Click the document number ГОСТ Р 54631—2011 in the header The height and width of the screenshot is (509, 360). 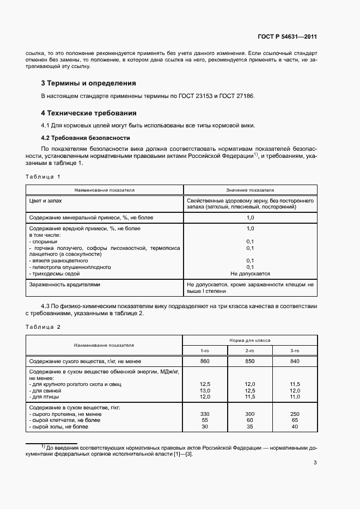click(x=286, y=37)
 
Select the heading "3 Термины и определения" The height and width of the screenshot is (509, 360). click(x=88, y=83)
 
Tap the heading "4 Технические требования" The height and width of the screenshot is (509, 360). click(x=89, y=113)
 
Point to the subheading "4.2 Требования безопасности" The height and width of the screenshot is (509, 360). click(x=86, y=138)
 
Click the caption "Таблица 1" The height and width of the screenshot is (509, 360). click(x=43, y=176)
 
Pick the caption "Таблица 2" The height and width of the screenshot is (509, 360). click(x=43, y=327)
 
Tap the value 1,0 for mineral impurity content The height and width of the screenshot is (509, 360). click(x=250, y=217)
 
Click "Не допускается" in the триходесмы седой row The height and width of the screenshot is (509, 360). click(x=250, y=274)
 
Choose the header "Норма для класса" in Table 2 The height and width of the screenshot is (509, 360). click(x=250, y=340)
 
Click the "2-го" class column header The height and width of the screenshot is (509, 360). click(x=250, y=351)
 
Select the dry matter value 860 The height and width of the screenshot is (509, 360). click(x=205, y=361)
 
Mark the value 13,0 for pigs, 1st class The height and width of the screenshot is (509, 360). click(x=205, y=391)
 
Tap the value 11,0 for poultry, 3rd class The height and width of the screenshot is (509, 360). click(x=295, y=397)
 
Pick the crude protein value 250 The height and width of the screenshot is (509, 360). click(x=295, y=414)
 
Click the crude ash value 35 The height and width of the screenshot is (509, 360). click(x=250, y=426)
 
